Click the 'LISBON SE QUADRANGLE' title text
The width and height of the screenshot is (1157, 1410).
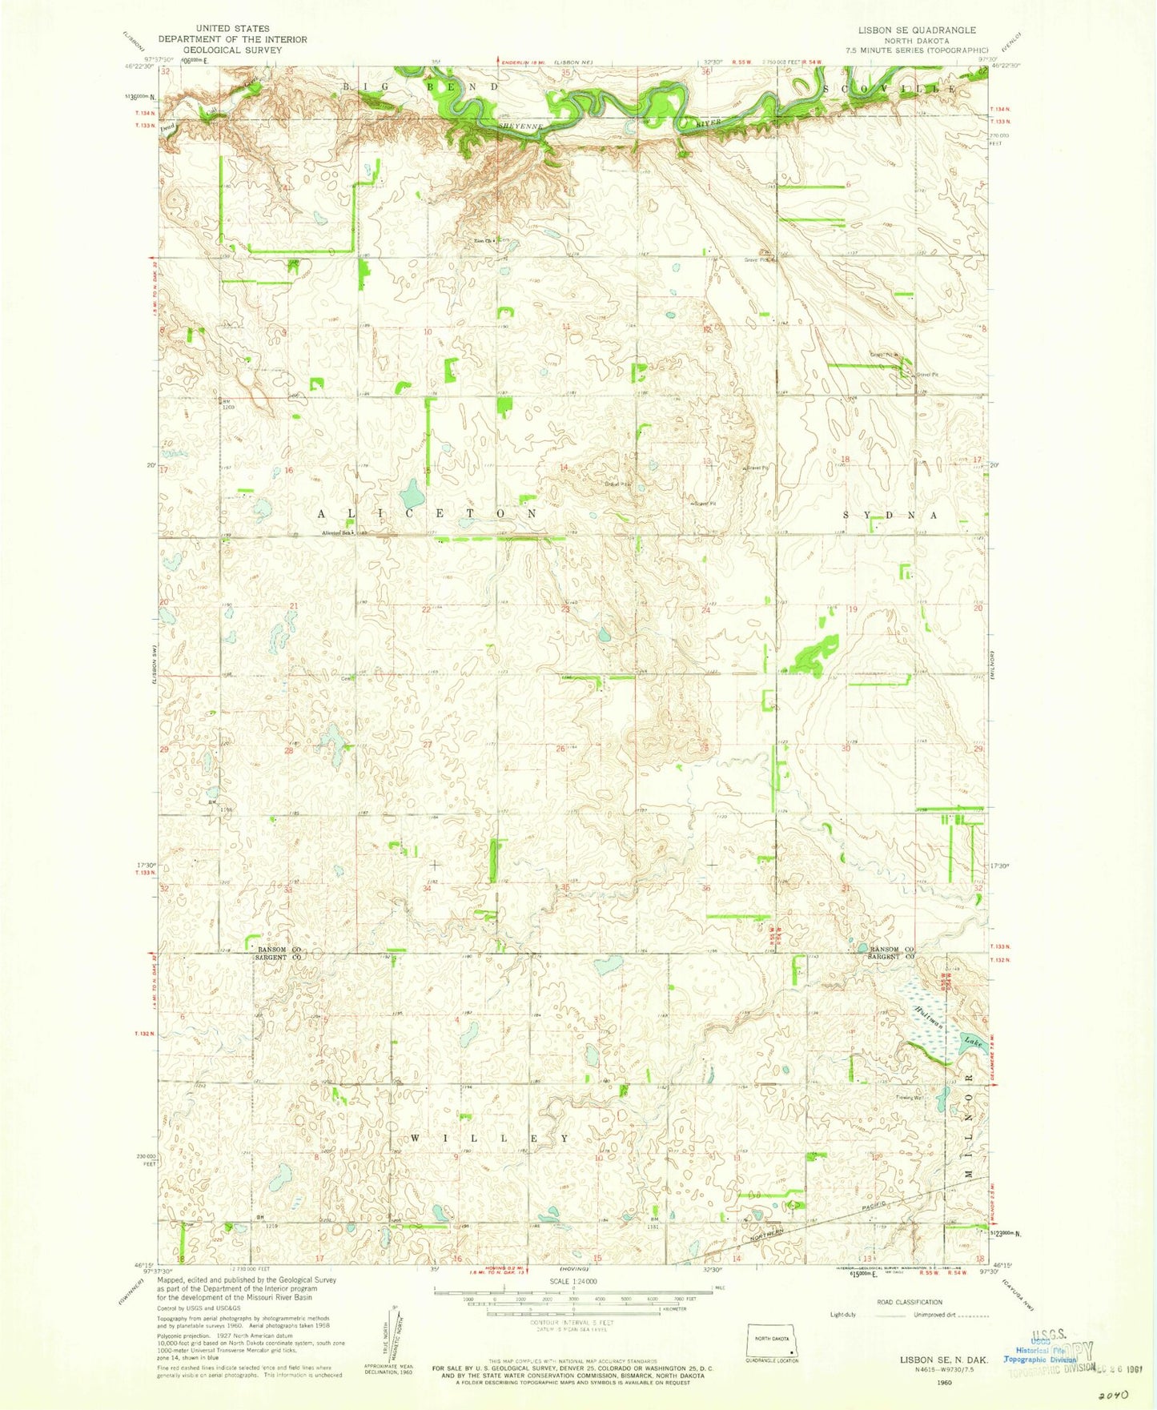[906, 30]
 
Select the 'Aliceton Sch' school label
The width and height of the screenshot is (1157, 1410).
[336, 533]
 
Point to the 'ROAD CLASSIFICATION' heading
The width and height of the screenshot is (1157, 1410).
[909, 1302]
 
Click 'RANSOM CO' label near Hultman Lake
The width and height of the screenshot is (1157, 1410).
[884, 948]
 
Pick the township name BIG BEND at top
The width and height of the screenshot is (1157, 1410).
[420, 86]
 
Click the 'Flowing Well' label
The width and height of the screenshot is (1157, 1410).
[910, 1098]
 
